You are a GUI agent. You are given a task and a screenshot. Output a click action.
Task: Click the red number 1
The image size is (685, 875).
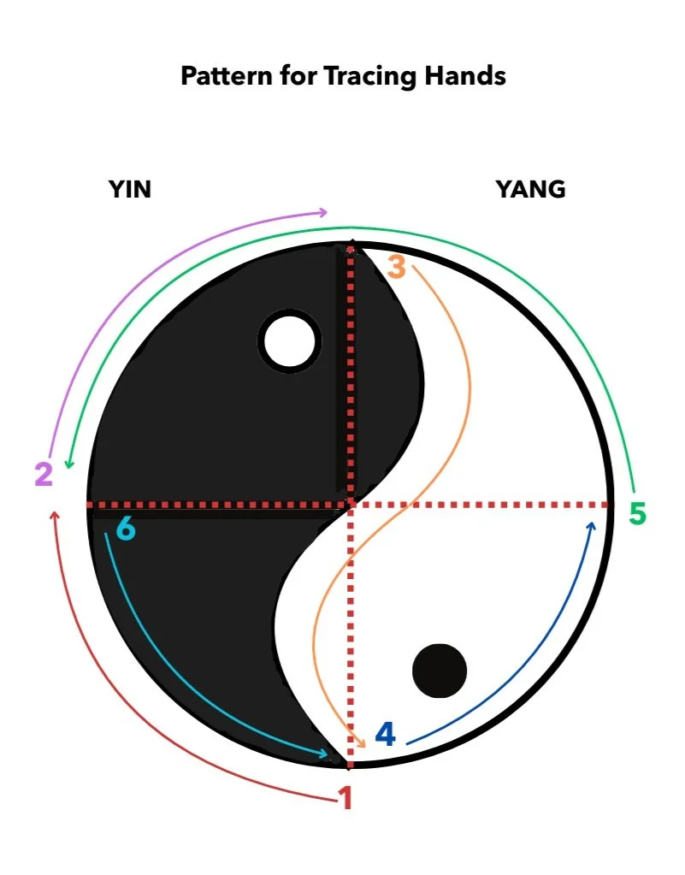pos(345,798)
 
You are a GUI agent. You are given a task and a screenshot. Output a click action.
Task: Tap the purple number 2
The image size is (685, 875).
pos(44,473)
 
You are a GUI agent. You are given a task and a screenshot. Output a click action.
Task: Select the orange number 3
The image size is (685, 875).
pos(396,267)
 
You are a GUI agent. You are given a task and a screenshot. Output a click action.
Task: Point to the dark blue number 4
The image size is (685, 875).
pos(386,734)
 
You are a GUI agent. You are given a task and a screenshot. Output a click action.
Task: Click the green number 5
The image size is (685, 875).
pos(637,514)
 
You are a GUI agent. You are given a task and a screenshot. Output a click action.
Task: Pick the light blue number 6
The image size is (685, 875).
pos(125,529)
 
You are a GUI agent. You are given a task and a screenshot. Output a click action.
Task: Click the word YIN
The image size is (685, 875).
pos(130,189)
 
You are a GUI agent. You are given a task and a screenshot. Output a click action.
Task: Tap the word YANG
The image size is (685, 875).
pos(530,189)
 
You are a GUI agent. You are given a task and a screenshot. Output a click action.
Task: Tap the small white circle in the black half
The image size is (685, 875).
pos(290,340)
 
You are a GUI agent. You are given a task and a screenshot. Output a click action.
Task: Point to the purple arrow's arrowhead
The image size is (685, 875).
pos(323,212)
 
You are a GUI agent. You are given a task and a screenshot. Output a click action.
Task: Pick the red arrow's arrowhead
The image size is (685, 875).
pos(56,515)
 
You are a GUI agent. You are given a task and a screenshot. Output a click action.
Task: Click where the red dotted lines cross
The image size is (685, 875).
pos(351,505)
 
